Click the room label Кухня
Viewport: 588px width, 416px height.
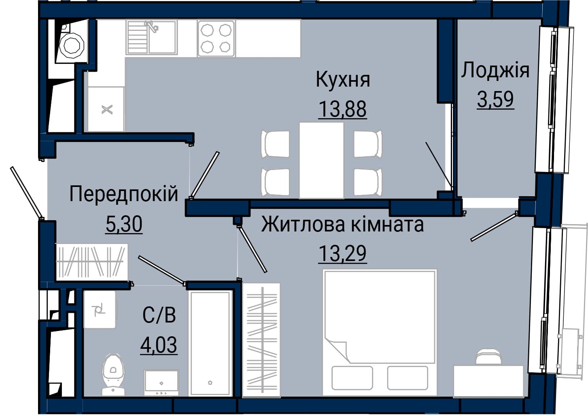343,79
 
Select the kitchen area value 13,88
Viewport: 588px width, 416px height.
343,109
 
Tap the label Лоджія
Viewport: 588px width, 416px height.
495,70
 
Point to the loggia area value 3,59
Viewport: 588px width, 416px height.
495,99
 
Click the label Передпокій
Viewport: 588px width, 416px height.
124,194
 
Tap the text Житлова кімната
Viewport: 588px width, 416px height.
343,225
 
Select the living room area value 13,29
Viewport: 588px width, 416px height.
342,253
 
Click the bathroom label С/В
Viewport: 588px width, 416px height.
159,315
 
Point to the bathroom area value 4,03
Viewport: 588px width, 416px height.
159,345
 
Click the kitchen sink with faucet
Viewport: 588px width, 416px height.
152,38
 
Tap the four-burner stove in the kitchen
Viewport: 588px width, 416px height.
216,38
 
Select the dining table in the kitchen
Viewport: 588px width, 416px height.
322,160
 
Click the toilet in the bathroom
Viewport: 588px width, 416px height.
113,375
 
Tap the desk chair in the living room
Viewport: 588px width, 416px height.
488,356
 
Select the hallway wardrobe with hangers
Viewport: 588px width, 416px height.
91,262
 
